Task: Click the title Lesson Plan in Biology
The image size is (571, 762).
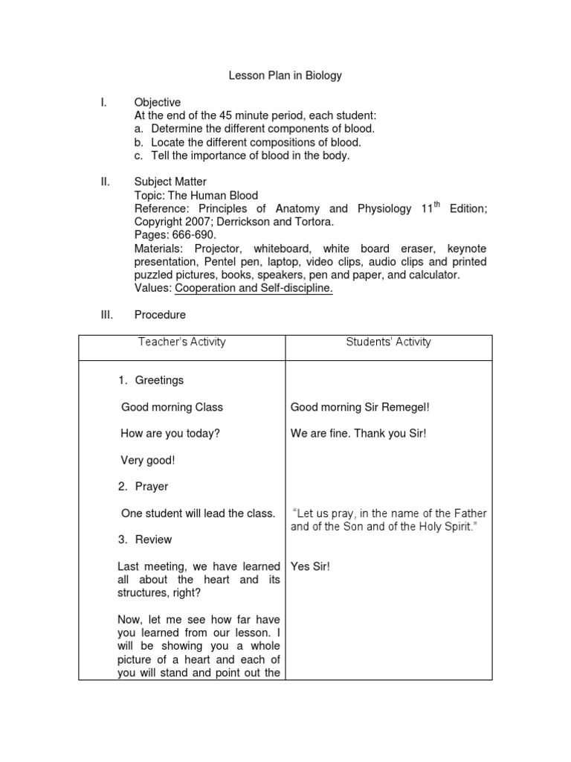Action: click(x=285, y=76)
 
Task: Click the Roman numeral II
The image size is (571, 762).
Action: click(x=106, y=182)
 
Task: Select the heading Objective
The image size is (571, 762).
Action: click(x=157, y=102)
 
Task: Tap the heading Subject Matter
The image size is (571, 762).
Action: click(x=170, y=182)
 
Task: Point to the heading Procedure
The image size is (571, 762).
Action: click(x=160, y=315)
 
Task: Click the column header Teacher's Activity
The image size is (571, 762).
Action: click(x=182, y=342)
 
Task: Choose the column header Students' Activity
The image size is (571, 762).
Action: click(x=388, y=342)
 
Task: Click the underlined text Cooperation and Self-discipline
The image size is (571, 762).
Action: click(x=254, y=289)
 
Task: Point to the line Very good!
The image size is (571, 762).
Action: click(x=148, y=461)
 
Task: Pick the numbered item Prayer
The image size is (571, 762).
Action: click(x=152, y=487)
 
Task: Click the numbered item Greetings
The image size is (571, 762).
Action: click(x=159, y=380)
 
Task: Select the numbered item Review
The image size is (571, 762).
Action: click(x=153, y=540)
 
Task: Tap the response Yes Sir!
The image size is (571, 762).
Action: click(x=310, y=566)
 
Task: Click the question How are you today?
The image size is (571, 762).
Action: click(x=170, y=434)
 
